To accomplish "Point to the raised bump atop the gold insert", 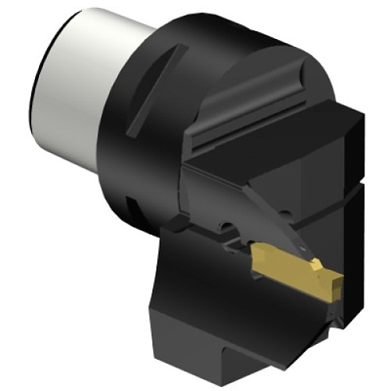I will pyautogui.click(x=317, y=263).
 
